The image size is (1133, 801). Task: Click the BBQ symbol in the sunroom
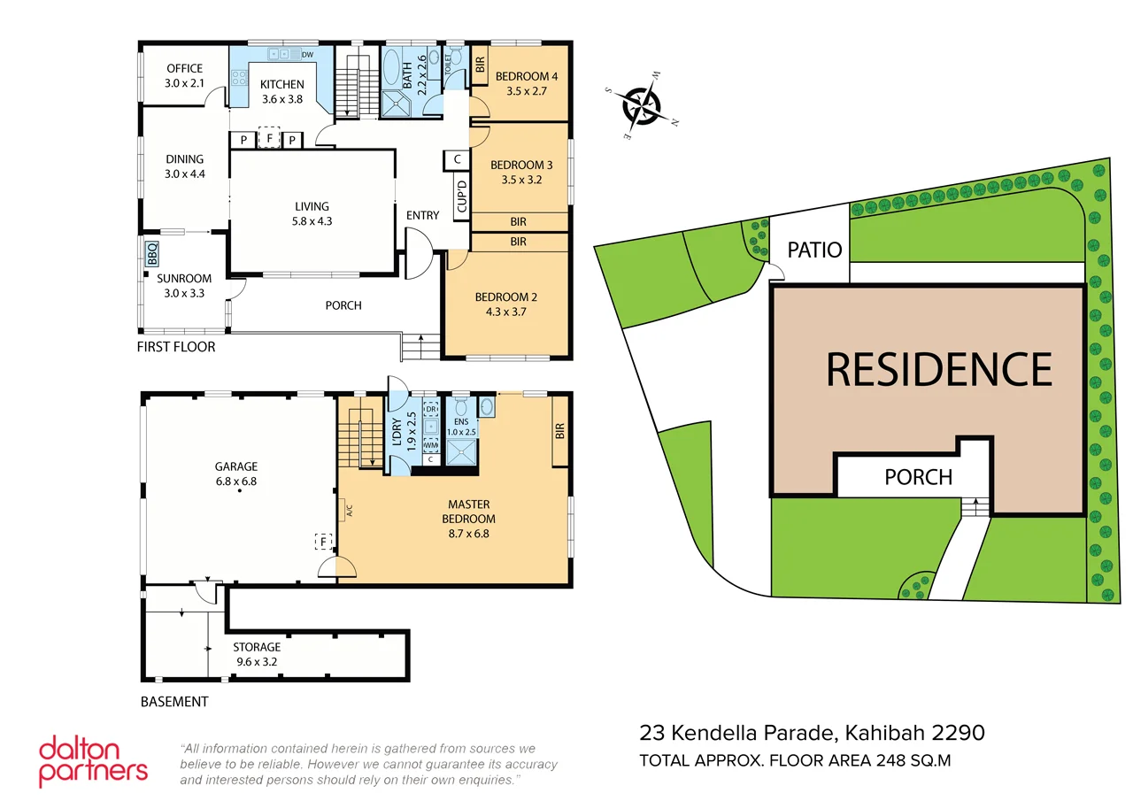point(151,255)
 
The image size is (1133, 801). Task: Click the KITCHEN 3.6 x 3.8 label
point(281,92)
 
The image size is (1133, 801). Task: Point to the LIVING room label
point(312,213)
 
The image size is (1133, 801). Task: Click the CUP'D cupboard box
point(460,192)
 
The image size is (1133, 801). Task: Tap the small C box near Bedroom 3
point(456,159)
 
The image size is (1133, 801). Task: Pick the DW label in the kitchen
point(307,55)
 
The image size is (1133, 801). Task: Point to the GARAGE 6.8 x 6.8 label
point(235,474)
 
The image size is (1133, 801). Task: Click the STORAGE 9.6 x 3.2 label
point(257,654)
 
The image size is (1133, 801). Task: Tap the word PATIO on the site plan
point(813,249)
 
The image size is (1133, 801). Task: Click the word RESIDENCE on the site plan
point(938,369)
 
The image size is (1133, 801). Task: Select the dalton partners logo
point(93,760)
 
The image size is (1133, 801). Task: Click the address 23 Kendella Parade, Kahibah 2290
point(812,733)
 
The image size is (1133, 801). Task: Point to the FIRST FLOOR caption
point(176,347)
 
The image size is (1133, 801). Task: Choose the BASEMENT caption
point(174,702)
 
